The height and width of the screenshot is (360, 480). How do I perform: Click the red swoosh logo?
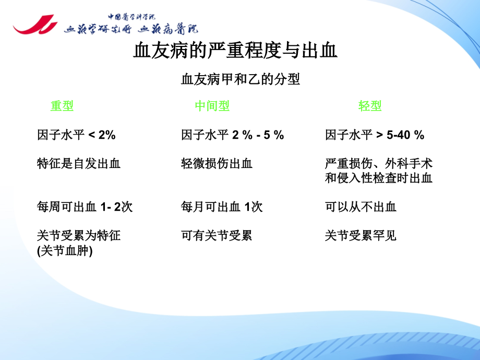(35, 25)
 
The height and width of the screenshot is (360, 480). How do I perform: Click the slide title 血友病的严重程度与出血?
(235, 50)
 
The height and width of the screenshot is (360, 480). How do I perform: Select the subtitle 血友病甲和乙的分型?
(241, 79)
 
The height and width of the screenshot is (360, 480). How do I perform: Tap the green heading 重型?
(62, 106)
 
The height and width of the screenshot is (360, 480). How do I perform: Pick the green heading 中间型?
(212, 106)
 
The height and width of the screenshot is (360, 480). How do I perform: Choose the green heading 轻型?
(370, 106)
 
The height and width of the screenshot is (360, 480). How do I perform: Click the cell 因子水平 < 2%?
(76, 135)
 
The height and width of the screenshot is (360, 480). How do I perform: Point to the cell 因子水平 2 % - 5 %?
(232, 135)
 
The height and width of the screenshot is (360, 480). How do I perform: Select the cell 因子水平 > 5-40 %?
(375, 135)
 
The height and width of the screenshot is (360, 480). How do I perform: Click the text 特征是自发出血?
(79, 163)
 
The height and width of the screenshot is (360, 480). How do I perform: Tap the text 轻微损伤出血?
(217, 163)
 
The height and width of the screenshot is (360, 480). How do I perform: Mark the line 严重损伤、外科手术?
(378, 163)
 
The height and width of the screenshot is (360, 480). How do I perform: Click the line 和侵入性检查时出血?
(378, 178)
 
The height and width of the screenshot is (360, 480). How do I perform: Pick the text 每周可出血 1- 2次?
(85, 207)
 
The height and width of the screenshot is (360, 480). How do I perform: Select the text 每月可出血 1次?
(222, 207)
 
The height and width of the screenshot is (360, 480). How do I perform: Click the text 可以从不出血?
(361, 207)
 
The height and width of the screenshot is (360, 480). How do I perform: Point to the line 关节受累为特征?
(79, 236)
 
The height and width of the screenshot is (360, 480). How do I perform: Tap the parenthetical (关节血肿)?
(65, 251)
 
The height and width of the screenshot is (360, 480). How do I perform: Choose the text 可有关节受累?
(217, 236)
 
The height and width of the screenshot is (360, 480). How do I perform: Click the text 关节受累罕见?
(361, 236)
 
